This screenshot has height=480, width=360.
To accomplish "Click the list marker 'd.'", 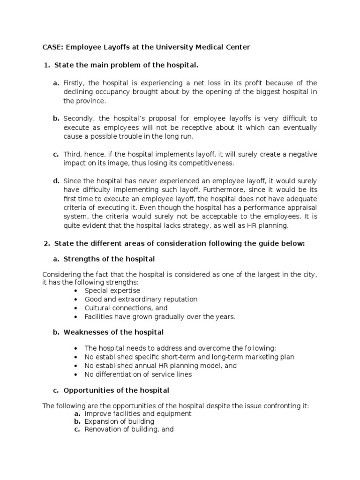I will (x=56, y=181).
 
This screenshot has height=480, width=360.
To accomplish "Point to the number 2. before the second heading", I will (x=46, y=243).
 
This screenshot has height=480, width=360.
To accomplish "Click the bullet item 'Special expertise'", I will (x=112, y=291).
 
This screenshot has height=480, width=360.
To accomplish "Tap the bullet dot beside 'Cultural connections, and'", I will (x=76, y=308).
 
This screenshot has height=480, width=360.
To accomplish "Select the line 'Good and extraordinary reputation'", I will (x=141, y=300).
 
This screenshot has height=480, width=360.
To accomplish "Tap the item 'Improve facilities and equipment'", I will (x=138, y=414).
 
